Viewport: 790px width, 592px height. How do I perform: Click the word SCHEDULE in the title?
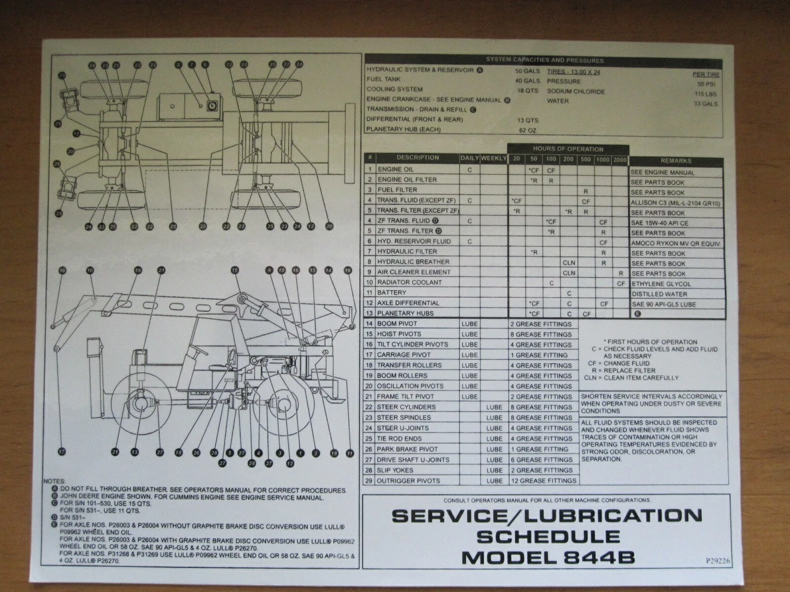[548, 537]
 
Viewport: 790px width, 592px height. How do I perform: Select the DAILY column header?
[469, 159]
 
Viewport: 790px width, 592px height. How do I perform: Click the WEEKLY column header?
[494, 159]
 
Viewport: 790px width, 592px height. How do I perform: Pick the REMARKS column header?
[675, 161]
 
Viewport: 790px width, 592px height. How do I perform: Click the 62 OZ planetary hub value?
[528, 130]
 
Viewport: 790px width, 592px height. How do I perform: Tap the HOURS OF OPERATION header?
[568, 149]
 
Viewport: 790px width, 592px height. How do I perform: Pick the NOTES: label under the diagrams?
[55, 482]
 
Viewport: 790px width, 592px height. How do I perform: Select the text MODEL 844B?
[548, 558]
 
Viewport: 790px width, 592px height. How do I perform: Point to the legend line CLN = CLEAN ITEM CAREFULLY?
[631, 378]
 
